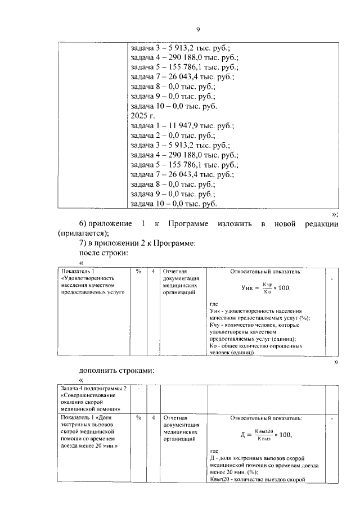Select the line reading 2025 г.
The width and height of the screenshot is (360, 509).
click(x=142, y=115)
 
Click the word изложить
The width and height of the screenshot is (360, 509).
click(x=233, y=224)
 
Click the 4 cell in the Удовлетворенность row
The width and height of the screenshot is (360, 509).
click(x=153, y=272)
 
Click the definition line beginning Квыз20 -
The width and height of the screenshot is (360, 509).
click(x=256, y=479)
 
